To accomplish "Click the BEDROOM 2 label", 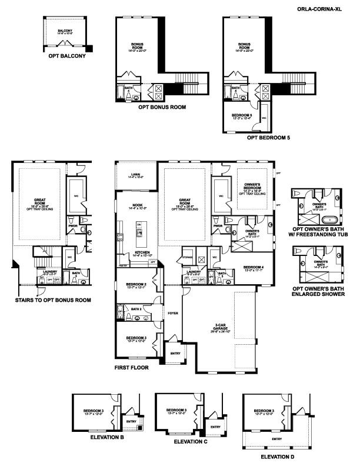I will click(136, 285).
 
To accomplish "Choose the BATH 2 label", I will click(137, 308).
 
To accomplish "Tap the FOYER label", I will click(173, 314).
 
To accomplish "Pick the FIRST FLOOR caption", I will click(132, 367).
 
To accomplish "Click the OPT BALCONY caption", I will click(68, 56).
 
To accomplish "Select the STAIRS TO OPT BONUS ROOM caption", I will click(54, 300).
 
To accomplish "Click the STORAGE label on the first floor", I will click(188, 257).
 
